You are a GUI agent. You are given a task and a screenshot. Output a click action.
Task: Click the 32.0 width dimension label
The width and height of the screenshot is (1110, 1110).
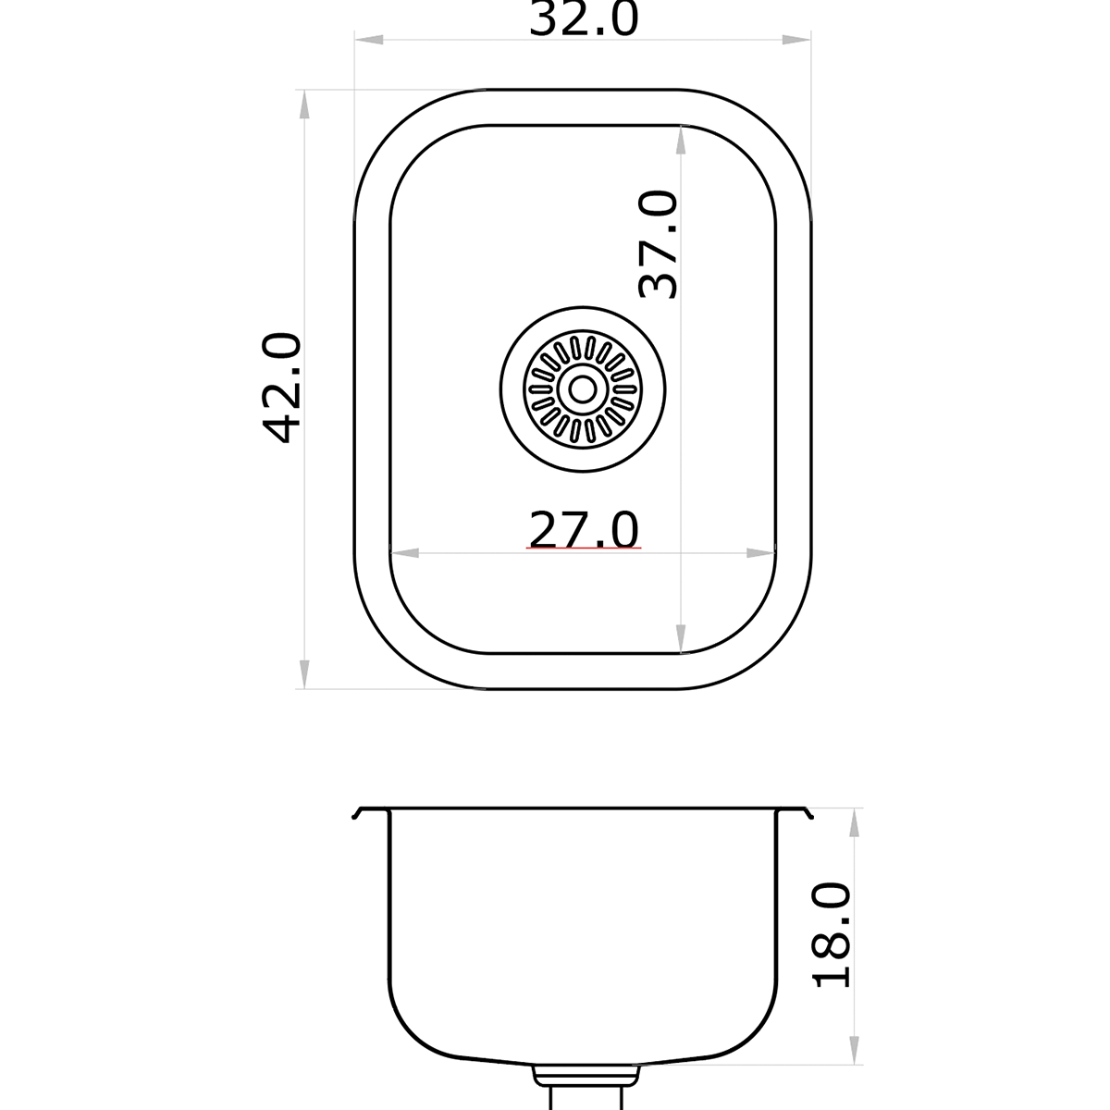point(584,18)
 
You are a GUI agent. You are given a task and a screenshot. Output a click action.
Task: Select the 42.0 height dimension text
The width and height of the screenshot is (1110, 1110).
point(282,388)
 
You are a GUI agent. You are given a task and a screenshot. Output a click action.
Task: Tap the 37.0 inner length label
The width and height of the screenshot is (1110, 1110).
point(660,245)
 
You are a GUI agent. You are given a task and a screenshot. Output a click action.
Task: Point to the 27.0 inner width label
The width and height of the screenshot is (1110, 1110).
point(583,531)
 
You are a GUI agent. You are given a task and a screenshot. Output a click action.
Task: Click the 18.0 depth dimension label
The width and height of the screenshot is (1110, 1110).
point(832,935)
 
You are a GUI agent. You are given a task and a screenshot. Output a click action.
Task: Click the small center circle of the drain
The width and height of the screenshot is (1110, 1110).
point(582,388)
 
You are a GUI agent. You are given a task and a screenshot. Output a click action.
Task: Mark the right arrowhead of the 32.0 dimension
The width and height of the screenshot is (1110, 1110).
point(797,41)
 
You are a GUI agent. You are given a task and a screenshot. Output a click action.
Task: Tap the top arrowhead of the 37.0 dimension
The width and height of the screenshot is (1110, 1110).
point(681,139)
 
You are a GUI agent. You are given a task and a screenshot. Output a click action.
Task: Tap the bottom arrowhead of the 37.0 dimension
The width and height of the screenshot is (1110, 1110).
point(681,639)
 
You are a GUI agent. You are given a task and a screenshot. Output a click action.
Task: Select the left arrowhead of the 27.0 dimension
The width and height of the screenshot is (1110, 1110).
point(406,553)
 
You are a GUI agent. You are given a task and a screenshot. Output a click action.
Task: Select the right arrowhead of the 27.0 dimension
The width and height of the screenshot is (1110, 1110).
point(760,553)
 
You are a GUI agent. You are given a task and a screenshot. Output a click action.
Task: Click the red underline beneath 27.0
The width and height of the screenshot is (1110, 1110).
point(583,549)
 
